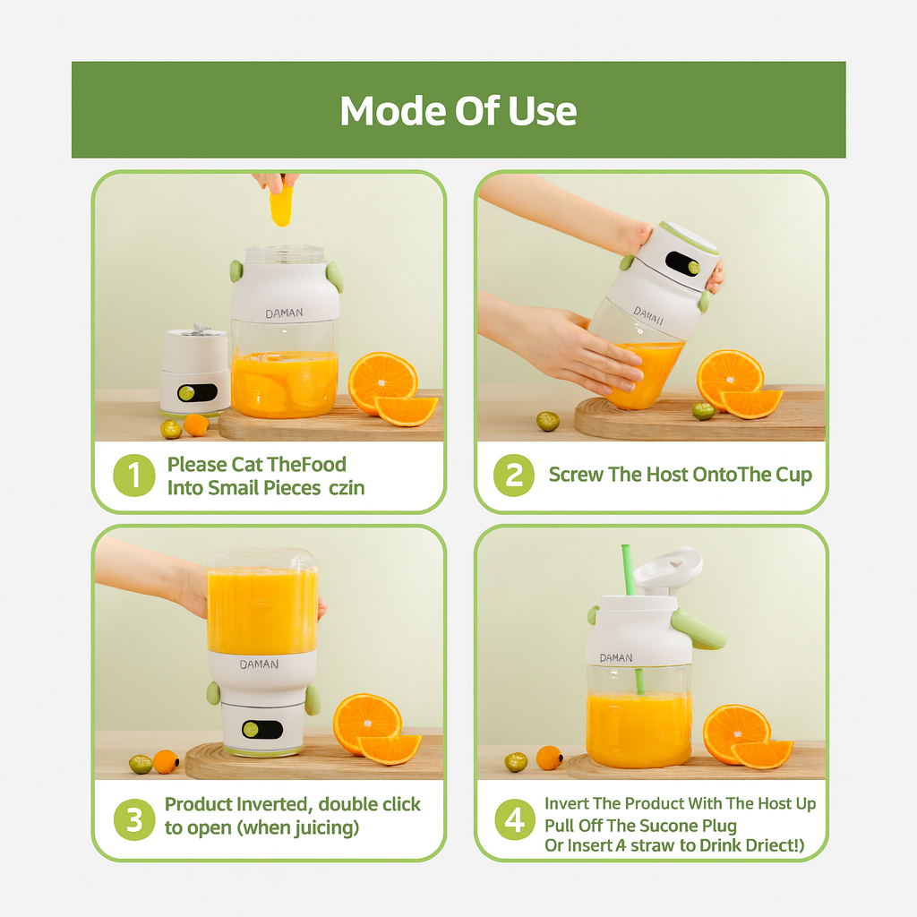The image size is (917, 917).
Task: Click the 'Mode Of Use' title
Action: [x=458, y=110]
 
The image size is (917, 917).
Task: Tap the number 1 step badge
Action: [x=134, y=475]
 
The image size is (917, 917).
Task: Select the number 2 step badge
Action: [x=514, y=475]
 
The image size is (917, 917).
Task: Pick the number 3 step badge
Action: [x=134, y=819]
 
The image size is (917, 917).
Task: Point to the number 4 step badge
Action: [x=515, y=818]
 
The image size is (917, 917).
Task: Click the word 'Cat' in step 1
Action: [x=247, y=465]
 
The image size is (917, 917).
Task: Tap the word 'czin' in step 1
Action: [x=347, y=488]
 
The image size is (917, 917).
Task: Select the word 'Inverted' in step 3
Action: [x=272, y=804]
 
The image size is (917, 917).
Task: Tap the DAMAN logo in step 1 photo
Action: [x=284, y=313]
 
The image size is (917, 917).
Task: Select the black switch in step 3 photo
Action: [x=262, y=729]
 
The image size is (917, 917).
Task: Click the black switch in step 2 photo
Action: [x=682, y=263]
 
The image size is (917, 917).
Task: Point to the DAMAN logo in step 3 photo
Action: [x=259, y=664]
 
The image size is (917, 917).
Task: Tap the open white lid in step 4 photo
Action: [x=668, y=567]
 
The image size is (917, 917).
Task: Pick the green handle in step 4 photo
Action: [x=698, y=630]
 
